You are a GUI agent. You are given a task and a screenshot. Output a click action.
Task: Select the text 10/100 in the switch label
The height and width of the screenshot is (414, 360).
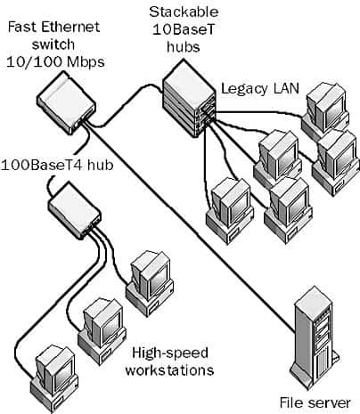(x=25, y=62)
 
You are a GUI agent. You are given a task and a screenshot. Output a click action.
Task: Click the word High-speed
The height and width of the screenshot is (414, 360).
(x=165, y=351)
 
